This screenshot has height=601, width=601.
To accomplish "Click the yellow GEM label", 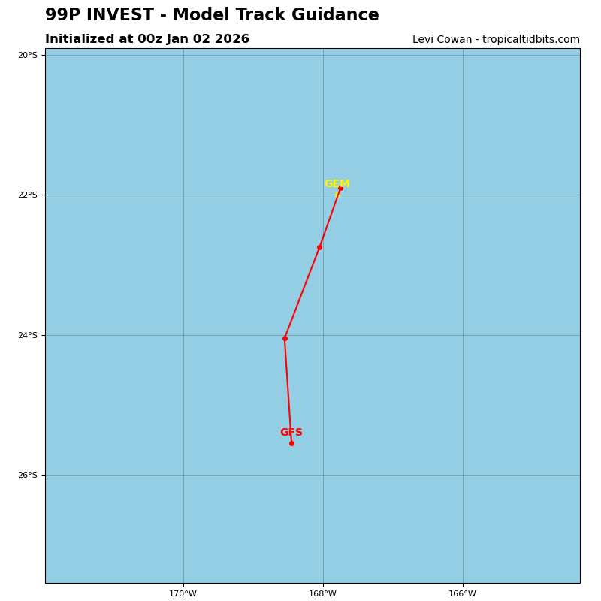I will point(337,184).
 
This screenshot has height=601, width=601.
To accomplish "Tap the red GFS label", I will point(291,433).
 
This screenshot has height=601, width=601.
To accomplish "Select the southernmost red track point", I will point(291,443).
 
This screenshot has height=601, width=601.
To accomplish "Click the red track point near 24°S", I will point(285,338).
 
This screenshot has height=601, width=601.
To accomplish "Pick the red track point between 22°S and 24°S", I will point(319,247).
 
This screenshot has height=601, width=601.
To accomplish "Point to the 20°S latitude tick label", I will point(27,55).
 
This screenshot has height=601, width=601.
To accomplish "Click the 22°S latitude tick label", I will point(27,195).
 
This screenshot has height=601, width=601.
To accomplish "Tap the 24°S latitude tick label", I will point(27,335).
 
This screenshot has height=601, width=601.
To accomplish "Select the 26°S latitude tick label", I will point(27,475).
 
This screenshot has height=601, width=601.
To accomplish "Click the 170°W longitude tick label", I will point(183,594).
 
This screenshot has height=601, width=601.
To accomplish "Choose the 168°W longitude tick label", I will point(323,594).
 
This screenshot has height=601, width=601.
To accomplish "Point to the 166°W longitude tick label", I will point(462,594).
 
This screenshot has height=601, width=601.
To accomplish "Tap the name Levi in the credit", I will point(424,40).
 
